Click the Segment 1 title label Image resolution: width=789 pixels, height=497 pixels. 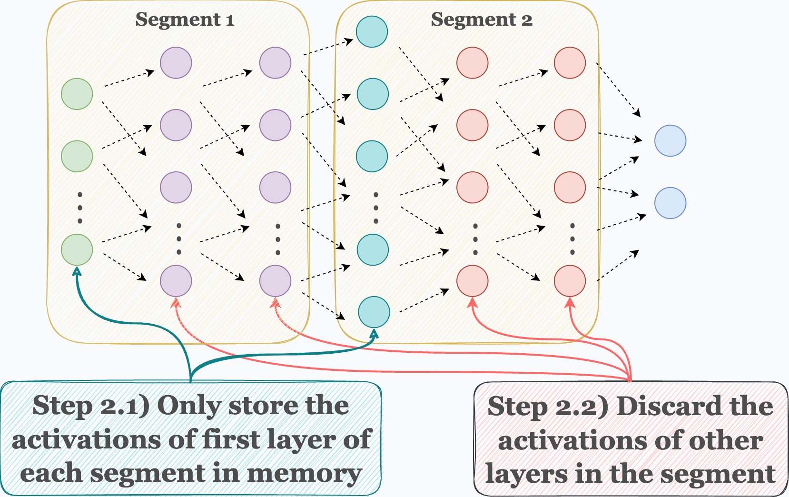pos(185,20)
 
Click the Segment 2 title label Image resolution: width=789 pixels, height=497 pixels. pos(481,20)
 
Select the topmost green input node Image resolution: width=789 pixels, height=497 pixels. pos(77,94)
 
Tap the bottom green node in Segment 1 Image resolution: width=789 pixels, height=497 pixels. pos(77,250)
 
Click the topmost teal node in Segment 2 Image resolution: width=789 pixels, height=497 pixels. pos(372,32)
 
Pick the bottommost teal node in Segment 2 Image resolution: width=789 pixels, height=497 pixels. pos(374,312)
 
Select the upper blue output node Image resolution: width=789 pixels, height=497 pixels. pos(670,141)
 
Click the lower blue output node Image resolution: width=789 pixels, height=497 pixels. pos(670,203)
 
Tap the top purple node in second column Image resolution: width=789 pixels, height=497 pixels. pos(176,63)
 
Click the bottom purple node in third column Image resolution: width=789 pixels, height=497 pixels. pos(275,281)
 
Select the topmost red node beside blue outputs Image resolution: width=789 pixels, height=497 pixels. pos(570,63)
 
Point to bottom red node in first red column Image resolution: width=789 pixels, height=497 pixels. pos(472,281)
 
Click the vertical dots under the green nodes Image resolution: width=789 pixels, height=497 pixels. pos(79,208)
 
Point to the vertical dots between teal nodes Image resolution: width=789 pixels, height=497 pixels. pos(376,208)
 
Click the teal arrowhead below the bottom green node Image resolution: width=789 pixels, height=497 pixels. pos(77,270)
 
